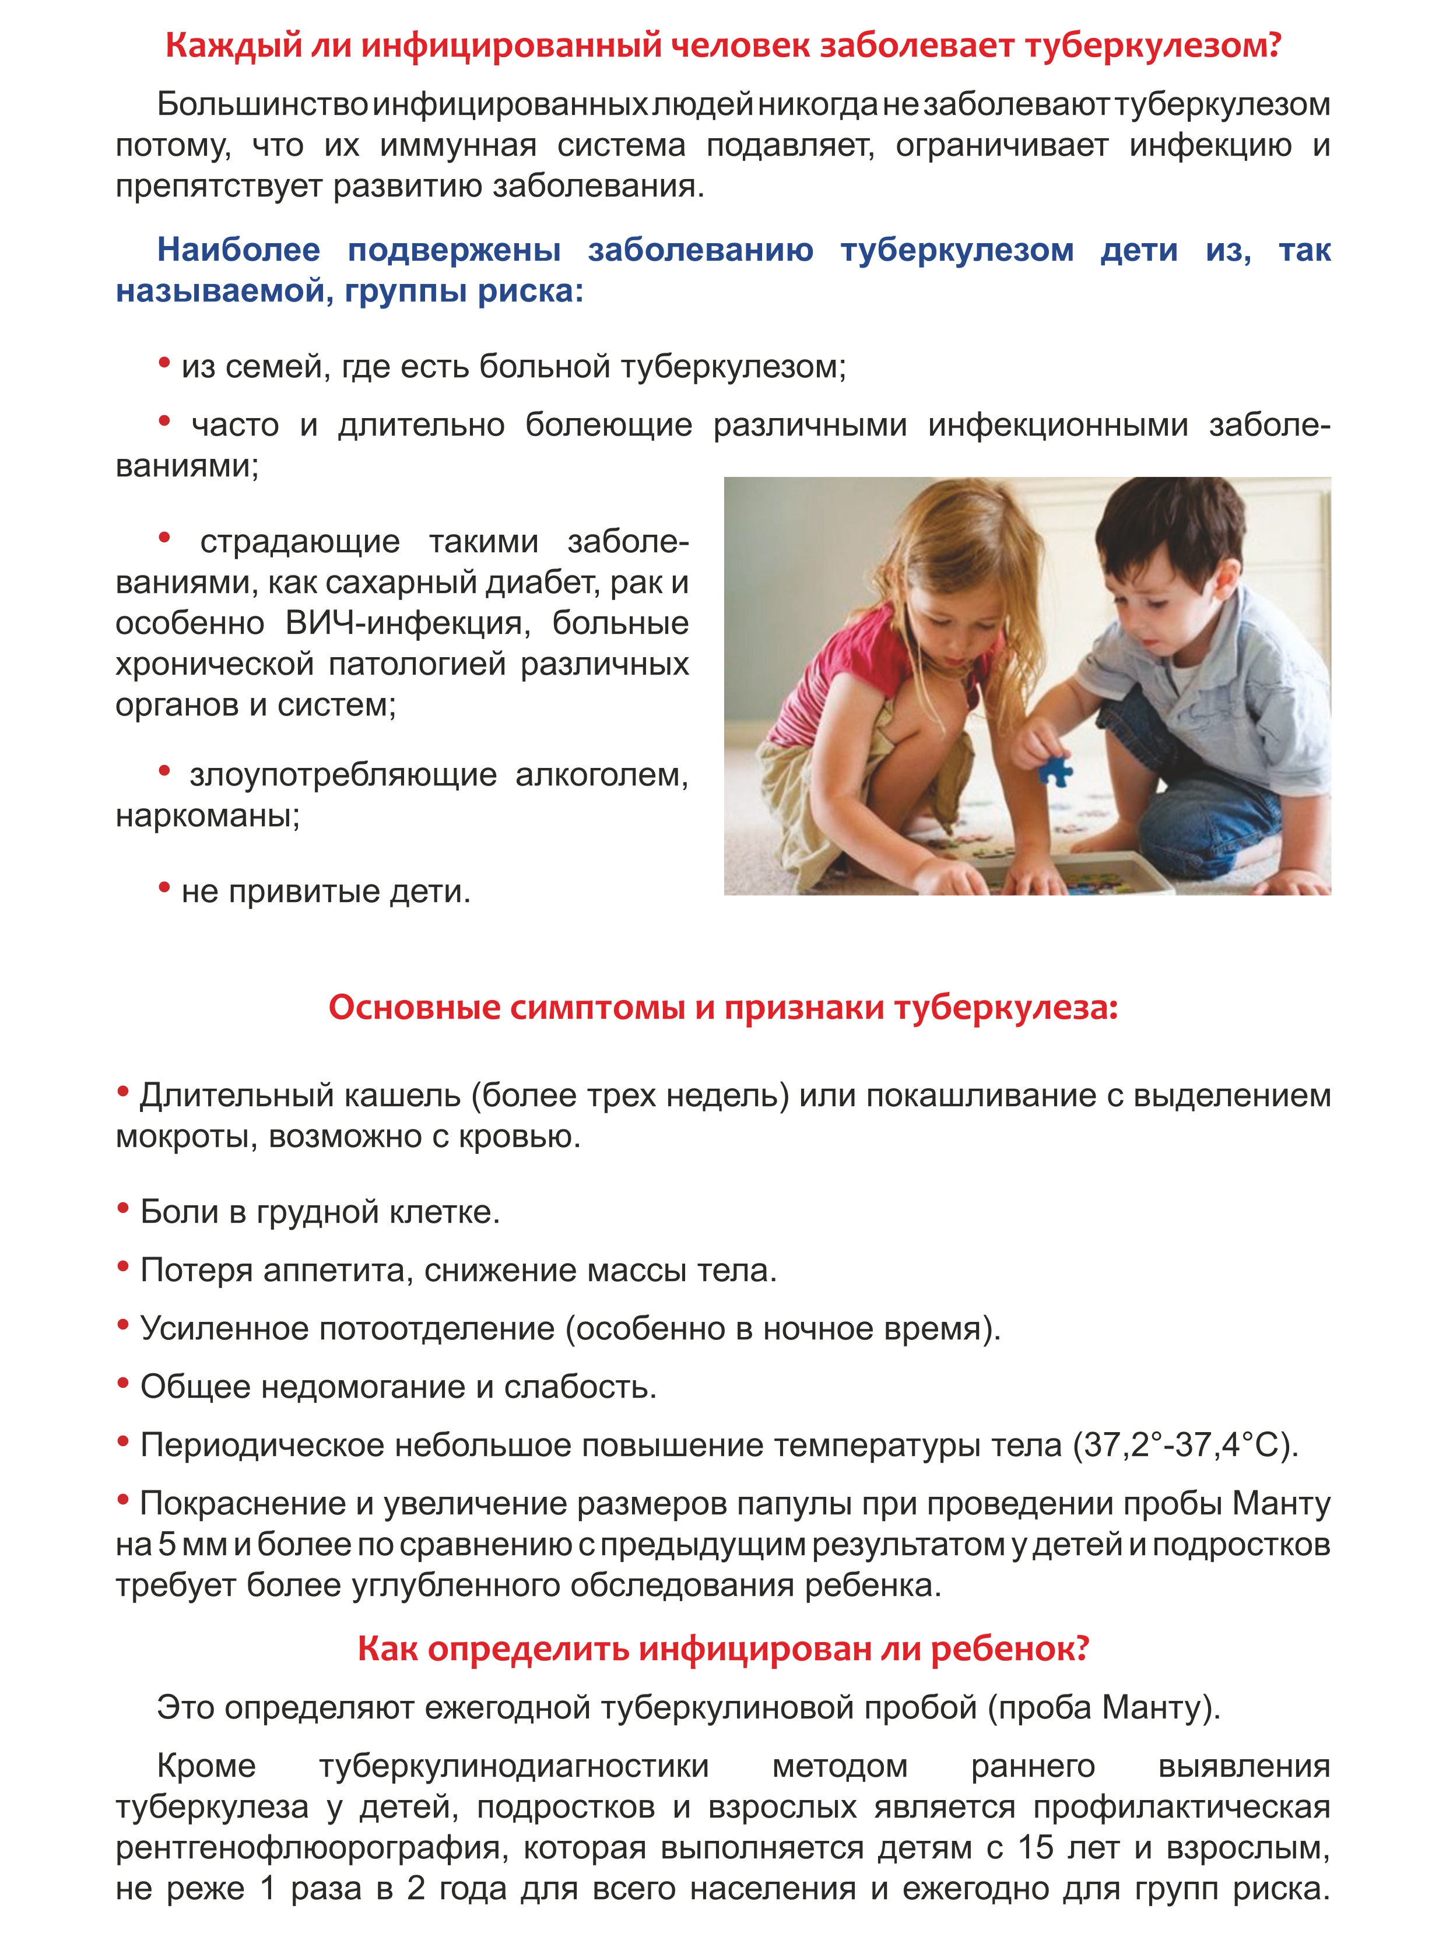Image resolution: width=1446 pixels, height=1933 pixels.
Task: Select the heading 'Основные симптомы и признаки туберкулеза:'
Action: [722, 1008]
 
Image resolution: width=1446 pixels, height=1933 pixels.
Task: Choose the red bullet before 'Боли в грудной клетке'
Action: [123, 1209]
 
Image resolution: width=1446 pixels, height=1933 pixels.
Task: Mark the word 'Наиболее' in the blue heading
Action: [238, 250]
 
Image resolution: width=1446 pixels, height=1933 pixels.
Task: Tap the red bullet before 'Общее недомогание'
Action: [123, 1383]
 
